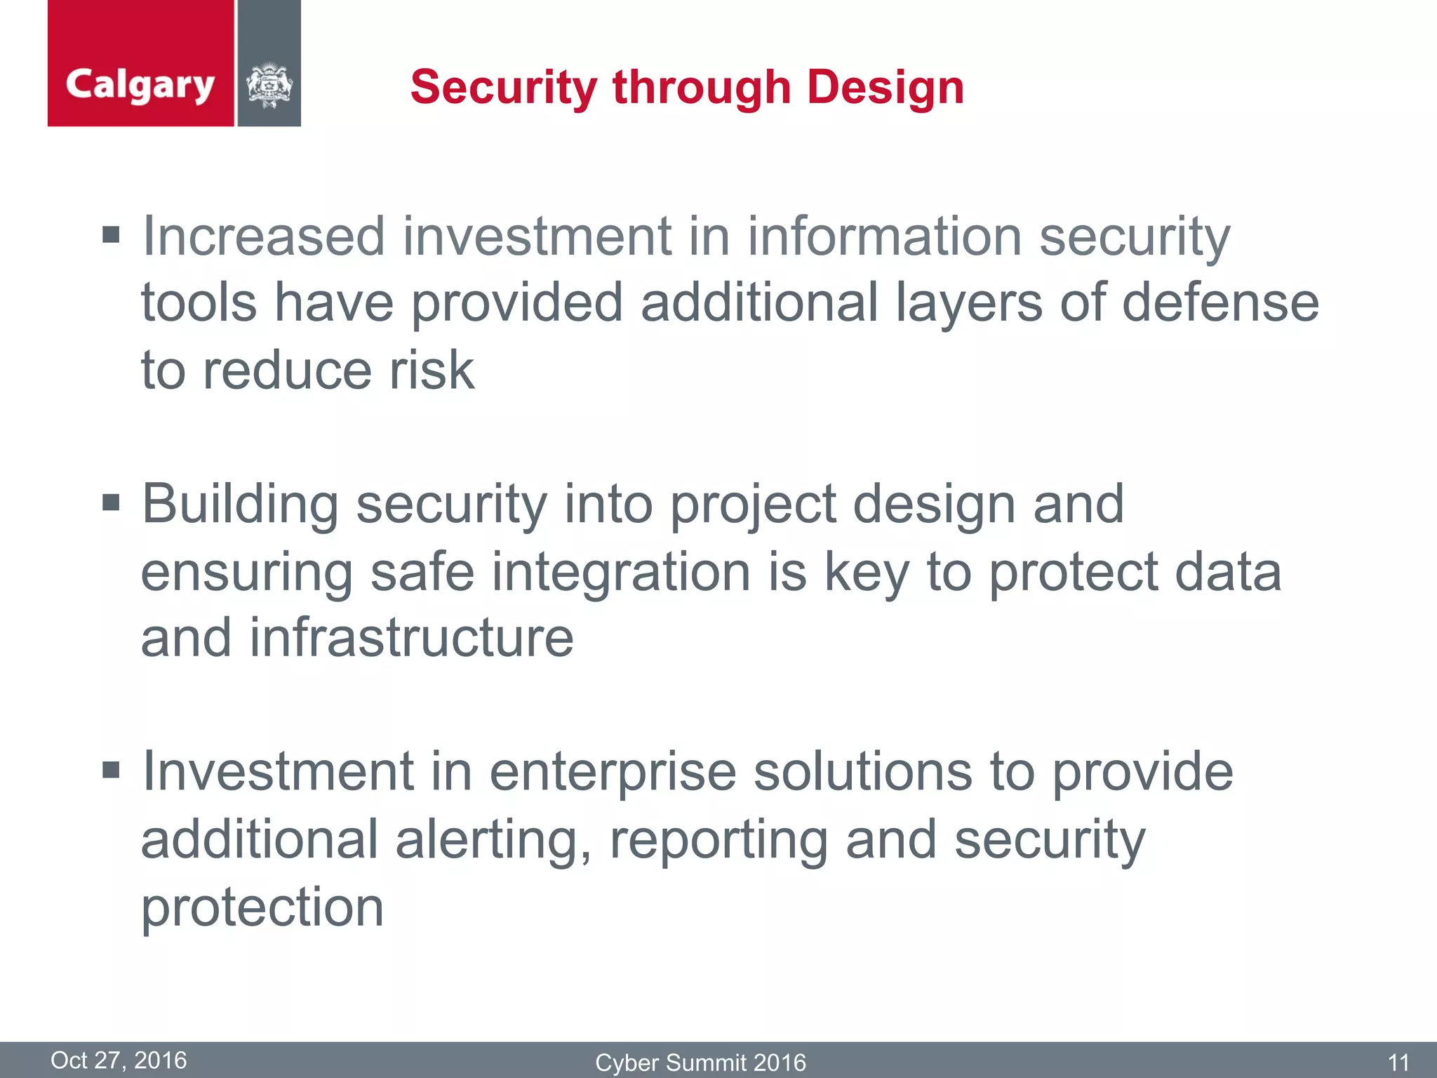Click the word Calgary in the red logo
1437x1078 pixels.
(140, 86)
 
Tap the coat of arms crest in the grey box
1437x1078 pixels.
(269, 86)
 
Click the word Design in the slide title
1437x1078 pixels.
(885, 88)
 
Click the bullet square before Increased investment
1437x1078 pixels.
(111, 234)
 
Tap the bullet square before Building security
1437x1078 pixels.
(111, 503)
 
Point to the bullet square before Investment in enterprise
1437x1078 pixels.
(111, 771)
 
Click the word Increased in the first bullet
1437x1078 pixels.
(264, 237)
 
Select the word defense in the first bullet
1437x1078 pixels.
(1220, 303)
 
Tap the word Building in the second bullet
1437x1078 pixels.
(240, 505)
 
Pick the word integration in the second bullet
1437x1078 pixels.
(621, 572)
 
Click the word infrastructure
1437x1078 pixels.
(411, 638)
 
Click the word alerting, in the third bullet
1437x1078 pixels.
(493, 840)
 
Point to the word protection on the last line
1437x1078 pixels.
(262, 908)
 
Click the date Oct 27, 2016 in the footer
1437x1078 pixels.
(119, 1060)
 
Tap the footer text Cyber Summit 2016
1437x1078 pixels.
(700, 1063)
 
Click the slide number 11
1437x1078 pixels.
(1398, 1063)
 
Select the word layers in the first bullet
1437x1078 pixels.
(969, 303)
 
